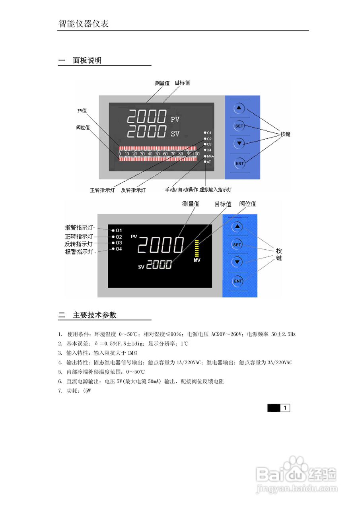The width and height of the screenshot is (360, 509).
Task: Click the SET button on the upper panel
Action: coord(239,126)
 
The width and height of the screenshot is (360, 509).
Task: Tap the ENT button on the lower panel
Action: coord(237,281)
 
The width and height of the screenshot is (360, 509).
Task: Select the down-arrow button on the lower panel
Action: coord(237,262)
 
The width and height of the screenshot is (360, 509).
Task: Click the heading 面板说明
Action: coord(87,60)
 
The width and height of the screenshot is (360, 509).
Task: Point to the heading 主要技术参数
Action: coord(95,315)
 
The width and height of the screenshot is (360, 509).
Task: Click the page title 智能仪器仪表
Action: coord(84,24)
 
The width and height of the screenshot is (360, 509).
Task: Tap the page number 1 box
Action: coord(285,408)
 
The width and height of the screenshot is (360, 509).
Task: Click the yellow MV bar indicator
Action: coord(197,249)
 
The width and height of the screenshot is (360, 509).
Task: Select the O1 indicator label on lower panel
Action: coord(119,231)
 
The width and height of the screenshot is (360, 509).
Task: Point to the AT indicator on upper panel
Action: coord(208,162)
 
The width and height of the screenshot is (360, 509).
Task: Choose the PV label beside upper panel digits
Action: coord(175,119)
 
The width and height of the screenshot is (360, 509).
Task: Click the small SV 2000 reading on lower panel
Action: coord(159,265)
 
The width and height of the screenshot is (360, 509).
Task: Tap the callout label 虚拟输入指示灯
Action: coord(216,190)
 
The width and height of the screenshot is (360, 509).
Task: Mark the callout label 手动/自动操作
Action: coord(181,190)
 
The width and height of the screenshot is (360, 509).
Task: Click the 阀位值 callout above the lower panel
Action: coord(247,204)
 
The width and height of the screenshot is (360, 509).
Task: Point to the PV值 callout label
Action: coord(82,111)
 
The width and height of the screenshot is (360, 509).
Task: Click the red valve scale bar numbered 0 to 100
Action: coord(158,153)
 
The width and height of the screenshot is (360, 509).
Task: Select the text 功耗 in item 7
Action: coord(73,391)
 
